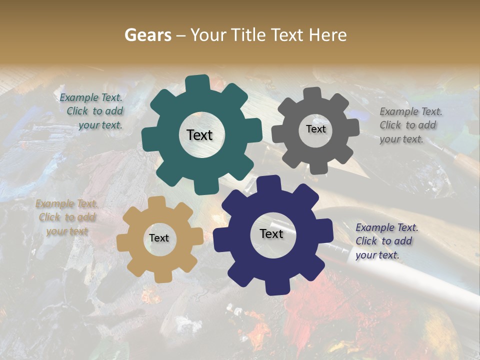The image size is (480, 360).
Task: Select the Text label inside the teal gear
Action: click(x=199, y=135)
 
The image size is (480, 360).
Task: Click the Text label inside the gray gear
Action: click(x=315, y=129)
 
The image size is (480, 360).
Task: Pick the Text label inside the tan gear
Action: click(x=158, y=238)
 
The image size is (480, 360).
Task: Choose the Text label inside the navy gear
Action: click(x=271, y=233)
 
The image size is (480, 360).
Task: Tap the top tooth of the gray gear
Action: click(x=312, y=93)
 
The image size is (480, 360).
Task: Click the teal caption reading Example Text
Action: click(x=91, y=97)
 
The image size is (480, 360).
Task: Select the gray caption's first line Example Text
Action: click(x=411, y=111)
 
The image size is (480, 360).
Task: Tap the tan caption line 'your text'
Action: click(x=67, y=231)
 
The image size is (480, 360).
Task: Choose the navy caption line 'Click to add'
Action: click(x=384, y=241)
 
